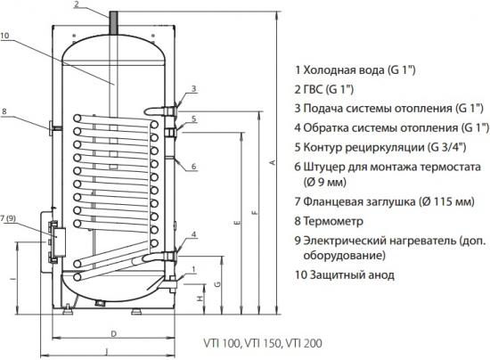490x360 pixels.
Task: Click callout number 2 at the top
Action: pos(78,4)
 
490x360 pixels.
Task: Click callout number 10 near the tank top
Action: pos(4,36)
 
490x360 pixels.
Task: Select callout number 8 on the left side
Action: pos(4,111)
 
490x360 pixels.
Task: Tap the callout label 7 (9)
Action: pos(8,218)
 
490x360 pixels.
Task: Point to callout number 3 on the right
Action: pos(193,89)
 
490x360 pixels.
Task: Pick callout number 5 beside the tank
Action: pos(193,119)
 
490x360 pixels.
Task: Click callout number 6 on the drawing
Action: pos(193,166)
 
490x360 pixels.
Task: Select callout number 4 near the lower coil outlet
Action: pos(193,234)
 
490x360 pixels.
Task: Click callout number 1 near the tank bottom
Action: pos(193,269)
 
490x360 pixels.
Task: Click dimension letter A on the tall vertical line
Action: pos(273,162)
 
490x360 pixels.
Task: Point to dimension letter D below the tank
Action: pos(114,334)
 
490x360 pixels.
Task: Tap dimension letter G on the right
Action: pos(217,283)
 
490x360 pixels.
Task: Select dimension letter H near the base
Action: pos(200,299)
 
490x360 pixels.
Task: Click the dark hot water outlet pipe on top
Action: pos(113,23)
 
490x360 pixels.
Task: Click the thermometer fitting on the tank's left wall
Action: pos(55,128)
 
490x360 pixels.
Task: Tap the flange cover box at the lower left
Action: pos(59,242)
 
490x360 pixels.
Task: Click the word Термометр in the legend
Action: pos(333,221)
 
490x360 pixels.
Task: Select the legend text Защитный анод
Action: pos(352,275)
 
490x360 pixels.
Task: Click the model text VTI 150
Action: pos(263,343)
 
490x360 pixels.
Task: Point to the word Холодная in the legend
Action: pos(327,70)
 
